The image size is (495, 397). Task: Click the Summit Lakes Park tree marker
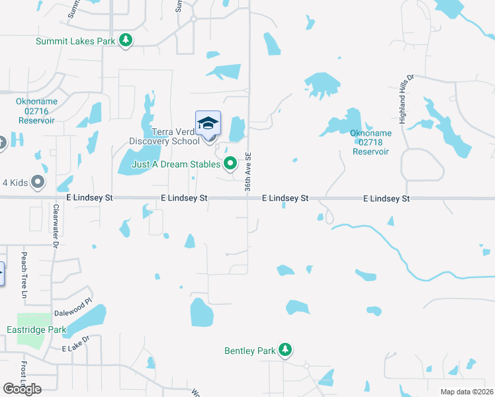click(x=126, y=41)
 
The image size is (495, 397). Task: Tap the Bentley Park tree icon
click(x=285, y=349)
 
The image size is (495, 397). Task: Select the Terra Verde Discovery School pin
click(x=208, y=124)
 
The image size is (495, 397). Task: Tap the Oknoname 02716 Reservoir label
click(x=35, y=110)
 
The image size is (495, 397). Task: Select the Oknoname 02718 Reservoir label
click(x=371, y=142)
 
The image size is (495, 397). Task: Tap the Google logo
click(x=22, y=389)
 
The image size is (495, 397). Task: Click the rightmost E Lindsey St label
click(x=387, y=198)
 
